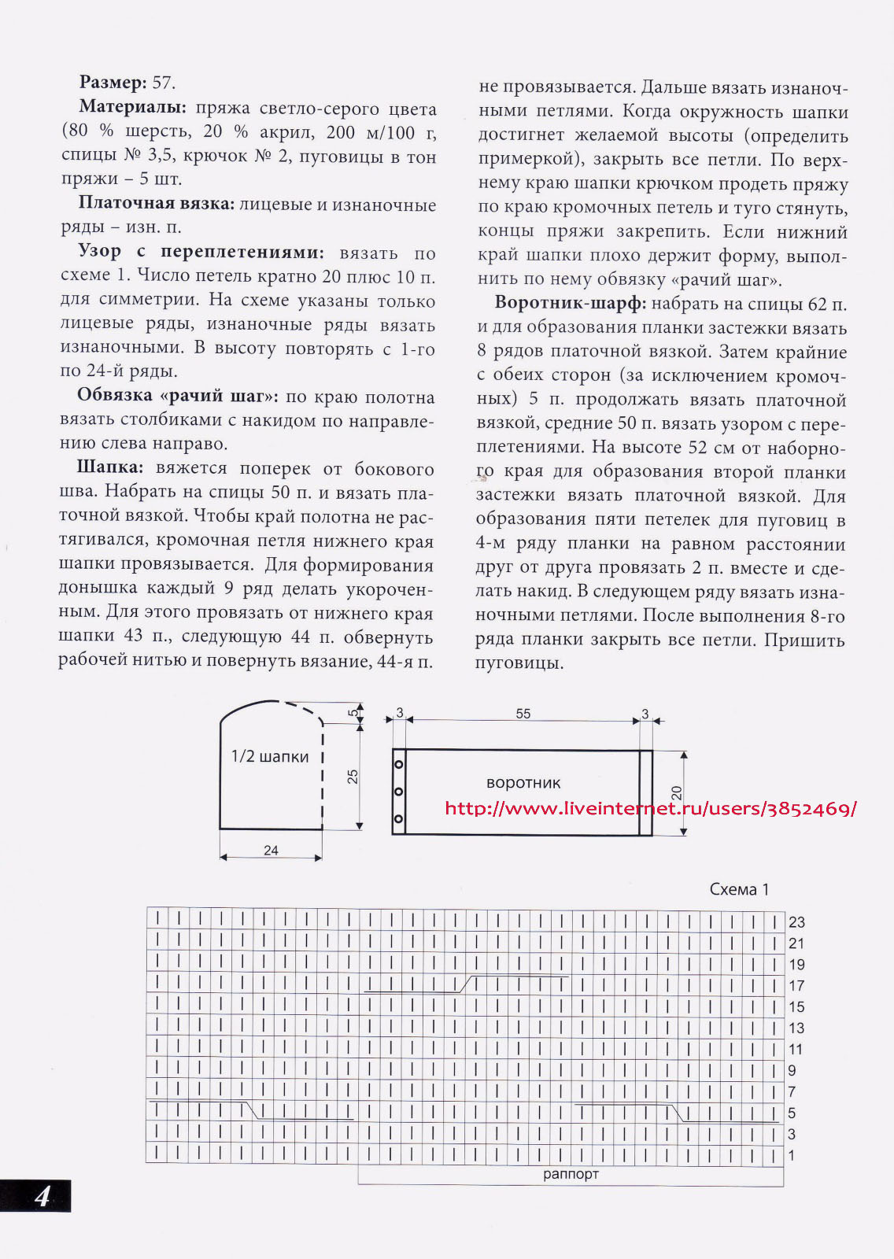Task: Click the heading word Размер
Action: coord(113,83)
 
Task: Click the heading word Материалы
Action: coord(132,108)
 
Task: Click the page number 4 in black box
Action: coord(42,1197)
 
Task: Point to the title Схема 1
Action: coord(739,889)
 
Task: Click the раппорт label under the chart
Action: coord(571,1174)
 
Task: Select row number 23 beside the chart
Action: coord(796,922)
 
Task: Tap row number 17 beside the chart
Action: coord(796,986)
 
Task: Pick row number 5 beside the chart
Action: coord(792,1113)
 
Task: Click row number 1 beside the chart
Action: coord(792,1156)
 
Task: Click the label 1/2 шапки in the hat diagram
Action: coord(269,757)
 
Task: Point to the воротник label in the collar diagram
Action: coord(523,783)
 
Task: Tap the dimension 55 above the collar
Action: coord(523,714)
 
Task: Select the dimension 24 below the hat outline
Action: coord(271,851)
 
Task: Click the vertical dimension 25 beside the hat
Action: coord(353,777)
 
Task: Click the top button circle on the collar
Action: coord(399,765)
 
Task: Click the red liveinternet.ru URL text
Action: coord(650,809)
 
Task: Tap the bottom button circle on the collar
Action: coord(399,819)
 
